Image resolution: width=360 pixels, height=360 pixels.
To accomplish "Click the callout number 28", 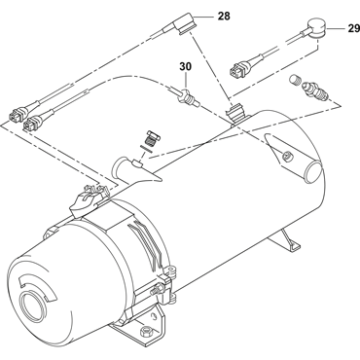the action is coord(224,16).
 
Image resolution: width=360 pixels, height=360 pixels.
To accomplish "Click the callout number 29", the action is coord(354,28).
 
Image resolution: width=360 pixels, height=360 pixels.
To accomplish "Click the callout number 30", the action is coord(186,66).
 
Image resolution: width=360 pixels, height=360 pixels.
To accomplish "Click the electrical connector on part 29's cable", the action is coord(240,67).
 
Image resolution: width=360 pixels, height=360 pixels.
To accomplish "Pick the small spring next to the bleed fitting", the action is coord(294,80).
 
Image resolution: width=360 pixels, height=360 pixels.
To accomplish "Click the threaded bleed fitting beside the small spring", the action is coord(315,91).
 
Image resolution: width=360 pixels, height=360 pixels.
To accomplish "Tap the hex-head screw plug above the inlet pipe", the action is coord(151,139).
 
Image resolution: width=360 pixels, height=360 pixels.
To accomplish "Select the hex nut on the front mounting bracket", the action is coord(144,332).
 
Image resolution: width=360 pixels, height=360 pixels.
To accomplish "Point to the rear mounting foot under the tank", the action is coord(289,239).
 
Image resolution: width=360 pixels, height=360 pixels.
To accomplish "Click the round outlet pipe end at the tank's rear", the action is coord(313,173).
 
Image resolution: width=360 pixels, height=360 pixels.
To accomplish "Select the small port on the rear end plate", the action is coord(287,156).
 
